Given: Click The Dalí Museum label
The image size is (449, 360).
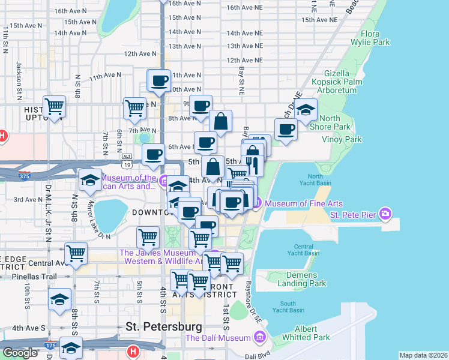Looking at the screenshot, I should [x=218, y=338].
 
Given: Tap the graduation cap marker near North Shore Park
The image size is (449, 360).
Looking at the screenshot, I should [x=306, y=110].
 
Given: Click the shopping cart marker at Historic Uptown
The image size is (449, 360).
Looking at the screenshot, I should [x=55, y=107].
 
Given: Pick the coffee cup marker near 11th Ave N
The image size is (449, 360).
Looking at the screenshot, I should [x=160, y=80].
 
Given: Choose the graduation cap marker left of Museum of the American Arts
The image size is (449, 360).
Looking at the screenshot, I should [x=90, y=179].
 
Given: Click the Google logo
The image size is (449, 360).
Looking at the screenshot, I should [x=20, y=353].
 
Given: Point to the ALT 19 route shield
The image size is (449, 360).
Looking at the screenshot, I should [x=126, y=157].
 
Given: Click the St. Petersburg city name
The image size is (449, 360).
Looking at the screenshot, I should [x=164, y=327].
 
